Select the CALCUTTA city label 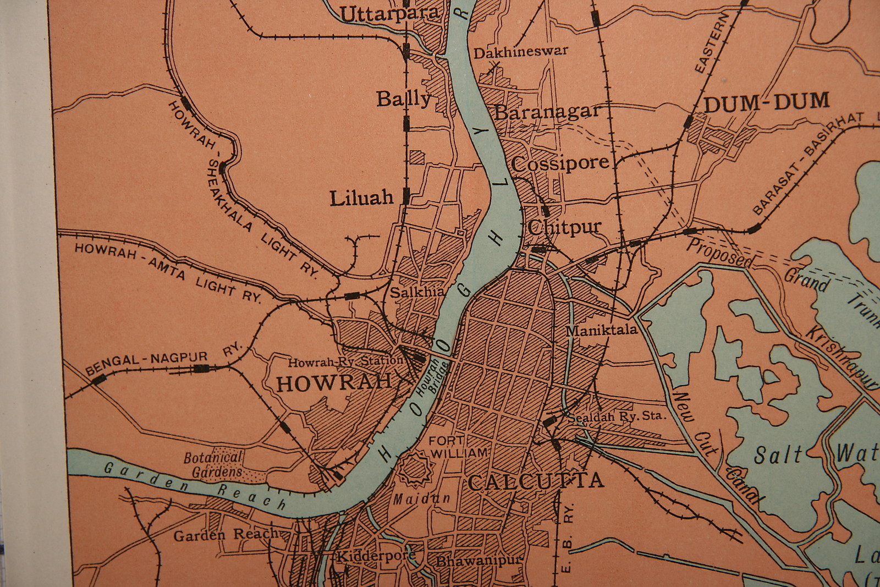536,482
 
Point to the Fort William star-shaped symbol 416,469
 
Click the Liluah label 361,198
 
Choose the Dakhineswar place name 520,53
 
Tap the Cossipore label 560,163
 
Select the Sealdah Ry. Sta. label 616,416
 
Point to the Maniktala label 601,331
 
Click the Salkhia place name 417,292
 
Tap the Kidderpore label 375,556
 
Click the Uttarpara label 389,14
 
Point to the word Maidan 421,499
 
